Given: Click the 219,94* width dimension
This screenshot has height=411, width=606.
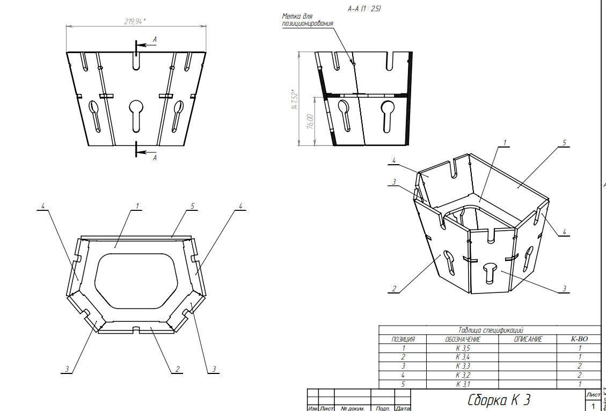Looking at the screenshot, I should point(134,21).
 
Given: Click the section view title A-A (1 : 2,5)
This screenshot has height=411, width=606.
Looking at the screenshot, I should point(364,9).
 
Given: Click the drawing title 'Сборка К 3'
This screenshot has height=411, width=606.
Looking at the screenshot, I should point(499,400).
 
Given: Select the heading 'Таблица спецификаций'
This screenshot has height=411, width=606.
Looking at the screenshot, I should point(490,331).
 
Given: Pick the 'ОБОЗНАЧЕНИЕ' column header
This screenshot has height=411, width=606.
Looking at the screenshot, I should point(462,340).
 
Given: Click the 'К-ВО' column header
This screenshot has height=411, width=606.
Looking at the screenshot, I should point(579,340).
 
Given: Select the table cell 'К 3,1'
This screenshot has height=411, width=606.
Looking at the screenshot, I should point(463,384).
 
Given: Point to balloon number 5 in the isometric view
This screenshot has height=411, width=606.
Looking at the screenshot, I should point(564,143).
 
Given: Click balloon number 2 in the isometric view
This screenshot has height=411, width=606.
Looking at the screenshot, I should point(394,289).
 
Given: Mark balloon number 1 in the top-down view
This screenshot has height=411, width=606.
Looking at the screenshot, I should point(137,206).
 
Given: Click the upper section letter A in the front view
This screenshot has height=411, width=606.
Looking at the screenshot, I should point(155,39).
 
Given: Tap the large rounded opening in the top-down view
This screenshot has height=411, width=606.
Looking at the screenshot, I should point(136,280).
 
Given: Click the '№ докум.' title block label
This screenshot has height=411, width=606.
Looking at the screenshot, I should point(353,408).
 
